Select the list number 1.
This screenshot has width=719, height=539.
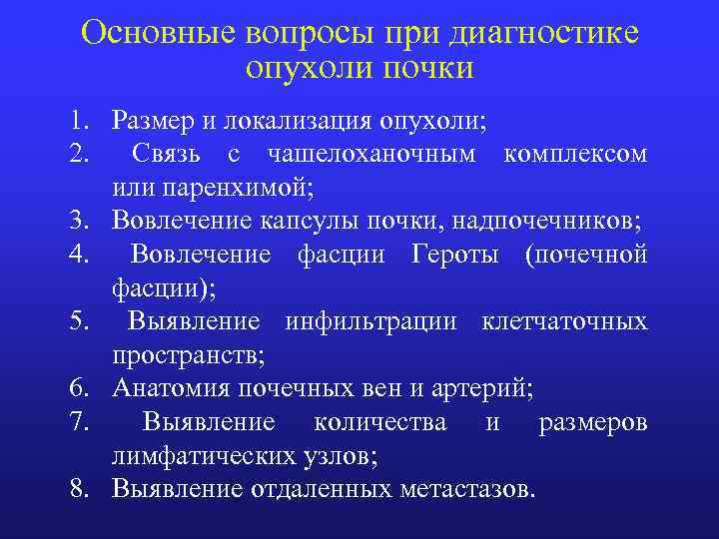(79, 122)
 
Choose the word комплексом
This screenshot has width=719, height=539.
(576, 155)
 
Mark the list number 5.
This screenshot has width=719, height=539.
(79, 322)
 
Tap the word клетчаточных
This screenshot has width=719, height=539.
(564, 322)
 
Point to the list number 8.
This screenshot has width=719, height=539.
(79, 490)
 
